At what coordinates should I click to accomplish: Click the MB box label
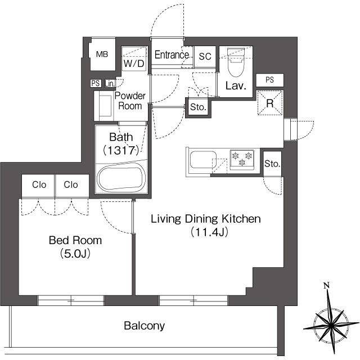(x=102, y=55)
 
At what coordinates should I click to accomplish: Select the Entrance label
(x=172, y=55)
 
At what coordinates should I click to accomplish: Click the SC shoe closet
(x=205, y=56)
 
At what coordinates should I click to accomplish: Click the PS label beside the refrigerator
(x=269, y=80)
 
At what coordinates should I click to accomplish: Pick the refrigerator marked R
(x=269, y=103)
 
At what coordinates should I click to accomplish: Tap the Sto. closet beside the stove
(x=272, y=164)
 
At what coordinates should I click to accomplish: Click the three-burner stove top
(x=242, y=159)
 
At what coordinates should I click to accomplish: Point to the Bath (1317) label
(x=120, y=143)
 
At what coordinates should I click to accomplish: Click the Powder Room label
(x=130, y=100)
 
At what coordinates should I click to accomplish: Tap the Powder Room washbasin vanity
(x=104, y=104)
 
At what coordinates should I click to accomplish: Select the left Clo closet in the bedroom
(x=38, y=185)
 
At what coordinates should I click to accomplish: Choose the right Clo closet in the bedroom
(x=71, y=185)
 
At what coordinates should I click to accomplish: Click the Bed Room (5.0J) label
(x=75, y=246)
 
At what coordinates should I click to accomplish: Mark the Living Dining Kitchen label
(x=205, y=224)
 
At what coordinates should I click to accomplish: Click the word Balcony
(x=144, y=326)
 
